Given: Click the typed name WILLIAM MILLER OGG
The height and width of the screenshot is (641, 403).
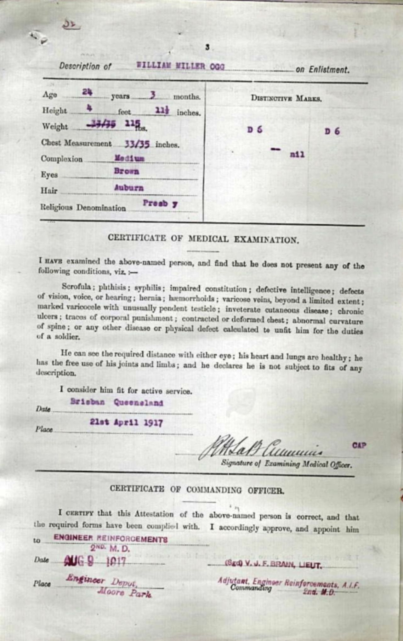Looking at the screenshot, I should coord(180,66).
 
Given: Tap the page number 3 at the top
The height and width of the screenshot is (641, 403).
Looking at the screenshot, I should coord(207,47).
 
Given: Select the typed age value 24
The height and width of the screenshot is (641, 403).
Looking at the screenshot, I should coord(87,92).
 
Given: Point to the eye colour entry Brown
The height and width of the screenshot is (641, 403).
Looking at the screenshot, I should coord(126,171).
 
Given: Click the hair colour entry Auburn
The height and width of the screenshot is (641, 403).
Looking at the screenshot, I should coord(129,188).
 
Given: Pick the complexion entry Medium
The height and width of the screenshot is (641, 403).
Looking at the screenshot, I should coord(129,158).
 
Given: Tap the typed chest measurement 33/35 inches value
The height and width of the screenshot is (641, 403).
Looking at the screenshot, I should coord(137,144).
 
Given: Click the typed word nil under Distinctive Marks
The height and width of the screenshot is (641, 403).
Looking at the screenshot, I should coord(297,155).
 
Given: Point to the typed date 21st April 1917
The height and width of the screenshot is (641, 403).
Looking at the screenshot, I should coord(126,422).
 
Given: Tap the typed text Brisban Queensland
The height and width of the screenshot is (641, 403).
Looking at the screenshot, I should coord(117,402).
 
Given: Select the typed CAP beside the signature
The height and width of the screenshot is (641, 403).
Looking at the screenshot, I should coord(359,445).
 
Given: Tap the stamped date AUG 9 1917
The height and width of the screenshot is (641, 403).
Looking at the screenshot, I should coord(95,561).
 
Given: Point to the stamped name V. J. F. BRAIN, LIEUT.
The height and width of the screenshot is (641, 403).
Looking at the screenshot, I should coord(273,564).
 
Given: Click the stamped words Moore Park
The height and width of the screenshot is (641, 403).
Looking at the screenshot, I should coord(125,592).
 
